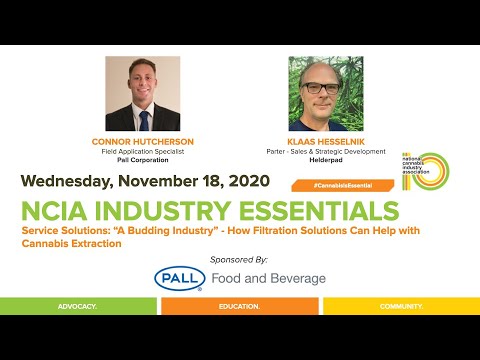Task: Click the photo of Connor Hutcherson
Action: (143, 94)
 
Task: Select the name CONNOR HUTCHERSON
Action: (143, 142)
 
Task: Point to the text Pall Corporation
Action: (143, 160)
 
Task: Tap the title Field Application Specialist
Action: (143, 151)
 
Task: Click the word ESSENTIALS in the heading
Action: (318, 212)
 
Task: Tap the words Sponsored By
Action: (239, 258)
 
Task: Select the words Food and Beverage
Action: (268, 278)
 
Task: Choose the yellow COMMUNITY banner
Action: (400, 304)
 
